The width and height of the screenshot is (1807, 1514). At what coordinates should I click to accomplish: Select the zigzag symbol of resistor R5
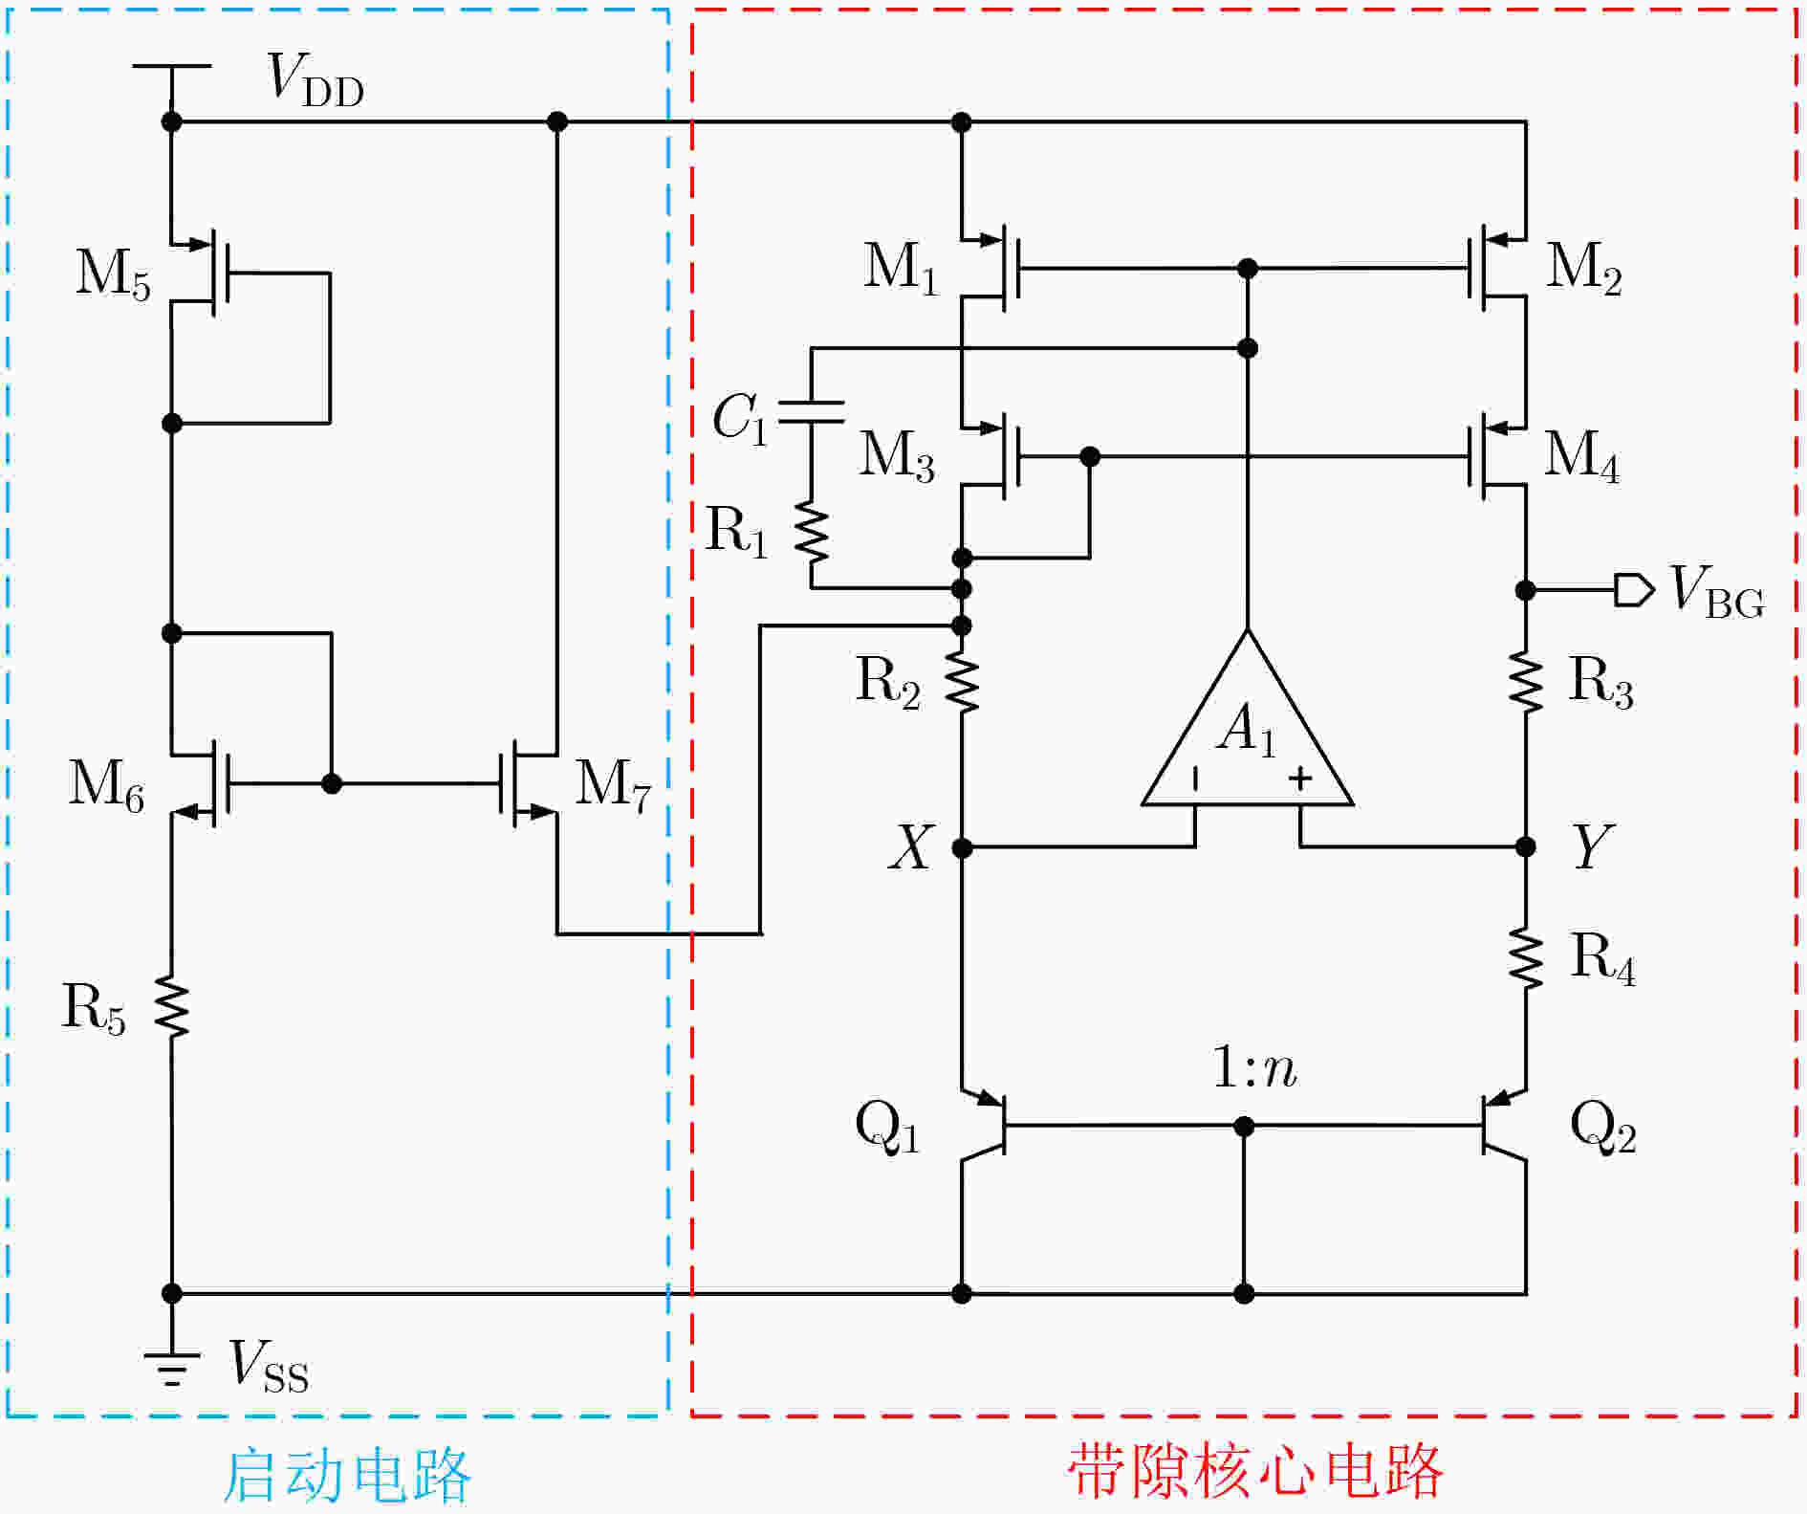tap(173, 1006)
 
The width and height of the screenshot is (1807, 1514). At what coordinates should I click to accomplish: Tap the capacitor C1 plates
tap(812, 412)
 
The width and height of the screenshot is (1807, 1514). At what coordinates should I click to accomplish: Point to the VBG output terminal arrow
tap(1633, 590)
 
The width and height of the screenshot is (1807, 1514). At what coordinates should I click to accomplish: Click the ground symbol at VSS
tap(172, 1370)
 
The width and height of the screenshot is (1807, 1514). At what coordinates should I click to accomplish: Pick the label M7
tap(613, 784)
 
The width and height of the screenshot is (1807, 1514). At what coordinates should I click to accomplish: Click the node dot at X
tap(963, 847)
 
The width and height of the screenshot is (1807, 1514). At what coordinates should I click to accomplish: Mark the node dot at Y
tap(1526, 846)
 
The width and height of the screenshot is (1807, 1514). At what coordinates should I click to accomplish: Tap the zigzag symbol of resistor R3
tap(1526, 682)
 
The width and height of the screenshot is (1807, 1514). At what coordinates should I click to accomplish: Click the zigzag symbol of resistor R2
tap(963, 682)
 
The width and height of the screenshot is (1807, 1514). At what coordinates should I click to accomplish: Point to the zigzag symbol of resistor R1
tap(812, 533)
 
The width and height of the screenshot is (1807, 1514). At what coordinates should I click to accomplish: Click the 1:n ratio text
tap(1254, 1067)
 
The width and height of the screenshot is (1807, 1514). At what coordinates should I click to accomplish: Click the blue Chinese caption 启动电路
tap(346, 1475)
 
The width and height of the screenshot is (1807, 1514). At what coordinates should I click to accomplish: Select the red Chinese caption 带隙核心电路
tap(1254, 1470)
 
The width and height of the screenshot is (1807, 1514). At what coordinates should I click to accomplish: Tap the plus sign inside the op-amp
tap(1300, 779)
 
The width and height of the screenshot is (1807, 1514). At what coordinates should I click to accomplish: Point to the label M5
tap(113, 274)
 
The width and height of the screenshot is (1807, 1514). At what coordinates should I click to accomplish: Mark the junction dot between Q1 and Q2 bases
tap(1244, 1127)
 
